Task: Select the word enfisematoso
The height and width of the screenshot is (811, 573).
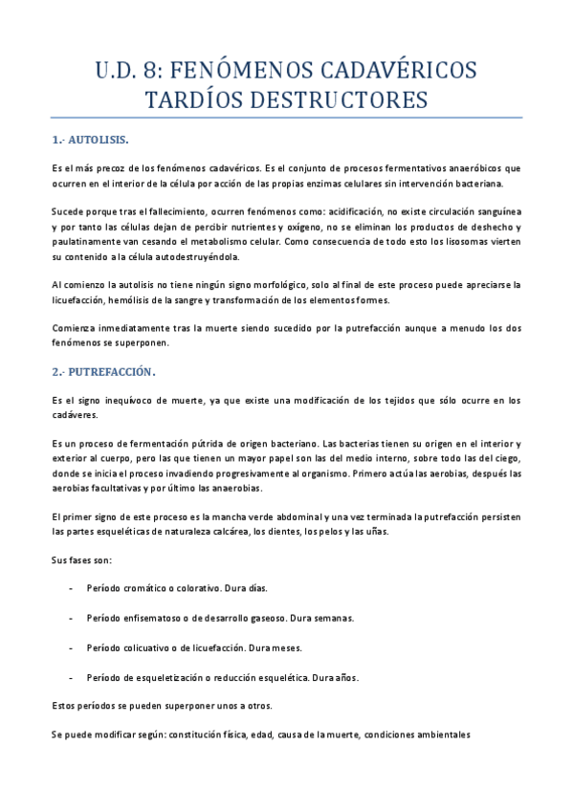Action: point(151,618)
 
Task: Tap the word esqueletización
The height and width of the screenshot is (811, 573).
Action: point(175,677)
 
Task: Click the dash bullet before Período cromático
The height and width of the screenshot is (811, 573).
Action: point(73,588)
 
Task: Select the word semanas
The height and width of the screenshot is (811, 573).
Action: point(332,618)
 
